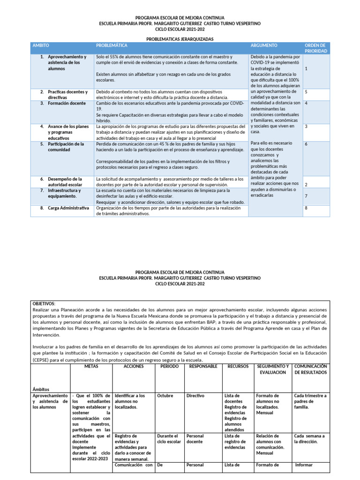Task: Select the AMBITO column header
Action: pos(40,45)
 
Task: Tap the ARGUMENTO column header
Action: pos(264,45)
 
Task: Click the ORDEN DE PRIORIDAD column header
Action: pos(316,48)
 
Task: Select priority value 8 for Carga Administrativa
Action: pos(306,208)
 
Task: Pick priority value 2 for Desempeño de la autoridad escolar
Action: pos(306,185)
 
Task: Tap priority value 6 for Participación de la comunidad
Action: pos(306,144)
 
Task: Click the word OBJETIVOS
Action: pos(44,304)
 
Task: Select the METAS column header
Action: pos(91,366)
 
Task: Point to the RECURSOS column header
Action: pos(238,366)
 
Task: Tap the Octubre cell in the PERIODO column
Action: pos(165,396)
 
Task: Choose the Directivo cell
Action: pos(195,396)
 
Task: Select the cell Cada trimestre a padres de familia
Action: pos(310,401)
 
